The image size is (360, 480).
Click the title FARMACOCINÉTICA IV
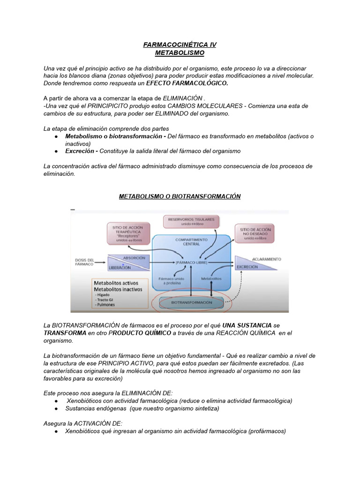180,45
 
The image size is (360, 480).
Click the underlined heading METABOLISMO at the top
180,53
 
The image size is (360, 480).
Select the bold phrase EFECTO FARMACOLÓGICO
187,83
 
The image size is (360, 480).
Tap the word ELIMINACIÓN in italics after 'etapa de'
182,98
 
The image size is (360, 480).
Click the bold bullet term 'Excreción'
80,151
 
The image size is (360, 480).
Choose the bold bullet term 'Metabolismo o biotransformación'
115,136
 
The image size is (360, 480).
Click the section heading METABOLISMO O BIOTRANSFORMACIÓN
180,196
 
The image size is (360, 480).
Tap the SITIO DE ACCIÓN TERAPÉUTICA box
125,233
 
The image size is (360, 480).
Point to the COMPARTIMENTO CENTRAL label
188,241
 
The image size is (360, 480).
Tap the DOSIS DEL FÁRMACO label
84,262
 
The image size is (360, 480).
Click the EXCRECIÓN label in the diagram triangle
247,267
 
